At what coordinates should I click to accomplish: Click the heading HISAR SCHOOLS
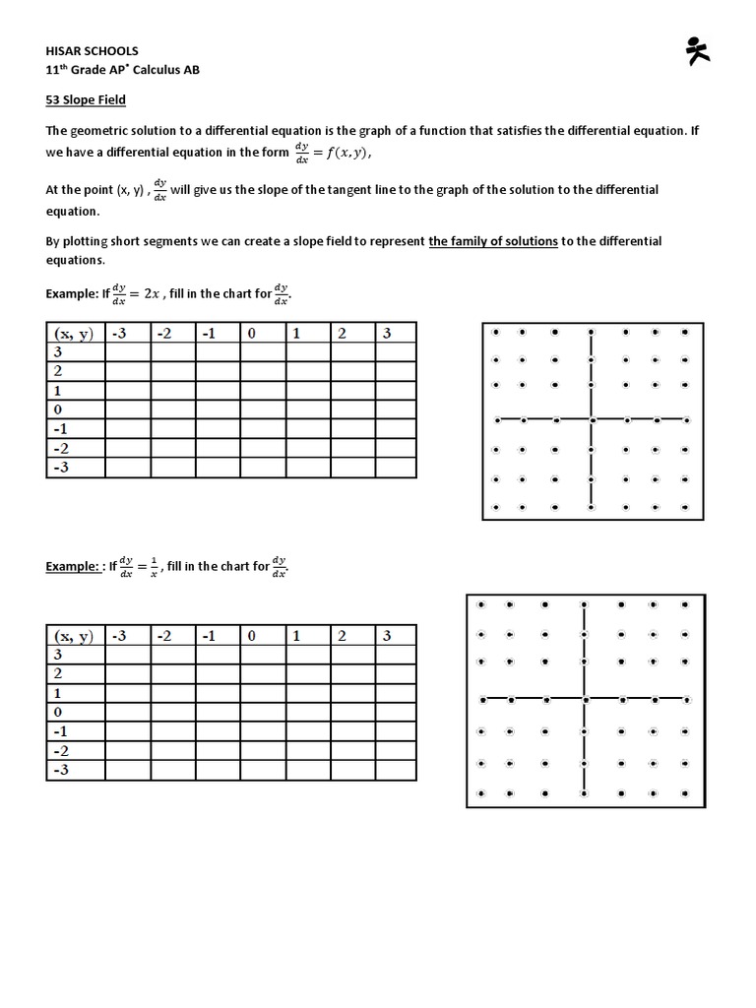[x=93, y=50]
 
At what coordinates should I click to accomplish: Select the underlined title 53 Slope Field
[x=86, y=99]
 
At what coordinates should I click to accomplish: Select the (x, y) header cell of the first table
[x=75, y=334]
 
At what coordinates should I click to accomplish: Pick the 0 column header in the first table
[x=252, y=334]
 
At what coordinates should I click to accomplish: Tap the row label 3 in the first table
[x=58, y=352]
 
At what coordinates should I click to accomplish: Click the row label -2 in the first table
[x=61, y=448]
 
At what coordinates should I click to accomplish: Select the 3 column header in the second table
[x=387, y=636]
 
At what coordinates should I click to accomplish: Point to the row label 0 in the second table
[x=58, y=712]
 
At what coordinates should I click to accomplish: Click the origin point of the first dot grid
[x=591, y=420]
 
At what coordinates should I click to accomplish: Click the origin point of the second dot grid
[x=585, y=700]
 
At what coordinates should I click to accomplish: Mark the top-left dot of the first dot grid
[x=497, y=333]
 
